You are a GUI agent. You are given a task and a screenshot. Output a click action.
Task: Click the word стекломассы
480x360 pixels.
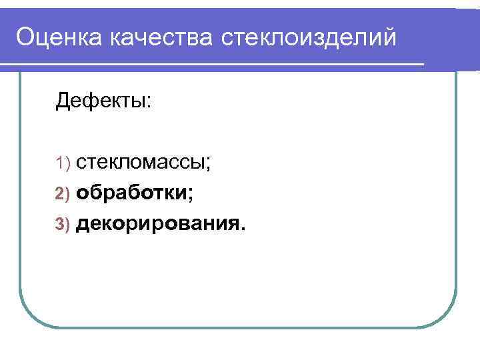pos(141,162)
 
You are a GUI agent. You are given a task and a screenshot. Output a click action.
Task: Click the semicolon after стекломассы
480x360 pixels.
pos(209,163)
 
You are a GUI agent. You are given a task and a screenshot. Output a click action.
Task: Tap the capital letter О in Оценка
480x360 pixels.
pos(26,37)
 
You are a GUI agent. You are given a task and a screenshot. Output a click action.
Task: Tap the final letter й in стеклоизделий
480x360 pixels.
pos(389,37)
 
